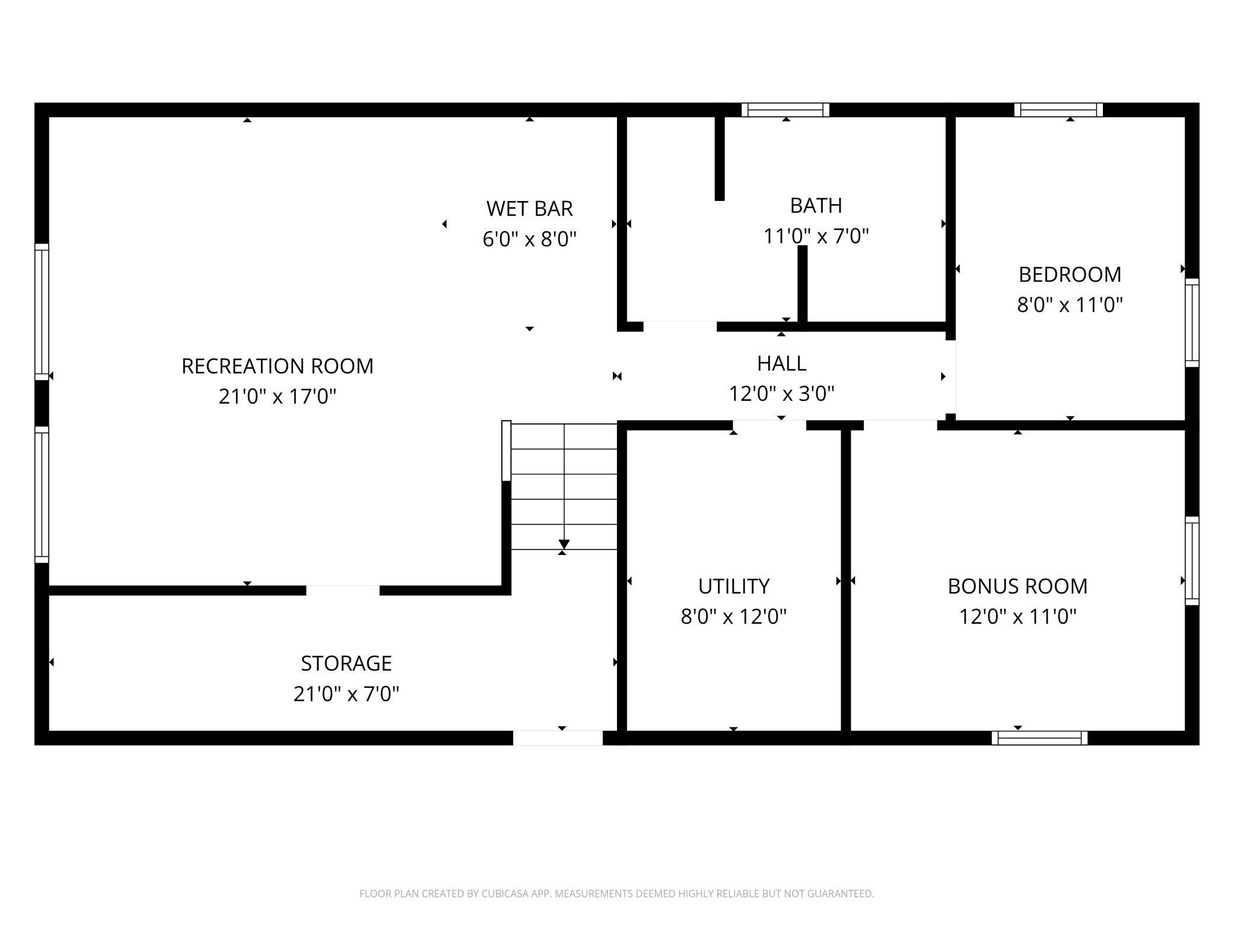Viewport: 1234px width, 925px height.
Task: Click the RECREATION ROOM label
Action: (x=277, y=366)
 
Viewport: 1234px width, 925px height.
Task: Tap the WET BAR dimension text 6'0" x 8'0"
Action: (x=529, y=239)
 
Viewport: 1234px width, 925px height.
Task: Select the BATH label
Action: (x=816, y=205)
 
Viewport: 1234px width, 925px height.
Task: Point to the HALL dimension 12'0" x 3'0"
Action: (x=781, y=393)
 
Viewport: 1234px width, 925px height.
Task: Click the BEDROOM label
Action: (x=1070, y=275)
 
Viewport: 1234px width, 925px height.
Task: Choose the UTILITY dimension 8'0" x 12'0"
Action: (x=733, y=617)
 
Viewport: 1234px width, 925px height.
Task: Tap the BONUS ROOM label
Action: (x=1017, y=586)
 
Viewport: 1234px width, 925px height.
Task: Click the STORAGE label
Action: (x=346, y=663)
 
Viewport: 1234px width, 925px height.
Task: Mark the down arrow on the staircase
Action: (x=564, y=544)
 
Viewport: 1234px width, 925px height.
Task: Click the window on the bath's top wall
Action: (x=785, y=110)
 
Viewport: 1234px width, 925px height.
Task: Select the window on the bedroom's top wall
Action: (x=1058, y=110)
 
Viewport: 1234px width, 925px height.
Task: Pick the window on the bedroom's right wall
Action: (x=1192, y=323)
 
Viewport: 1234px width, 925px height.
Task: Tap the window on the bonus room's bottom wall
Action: (x=1039, y=738)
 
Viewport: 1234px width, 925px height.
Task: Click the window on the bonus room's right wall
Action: (x=1192, y=561)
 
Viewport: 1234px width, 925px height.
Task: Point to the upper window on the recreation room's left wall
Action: (x=42, y=312)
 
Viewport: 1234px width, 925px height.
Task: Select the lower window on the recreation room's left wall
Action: (x=42, y=495)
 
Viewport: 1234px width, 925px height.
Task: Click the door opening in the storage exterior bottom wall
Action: (x=558, y=738)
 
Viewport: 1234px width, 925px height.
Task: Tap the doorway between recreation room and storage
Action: (x=342, y=590)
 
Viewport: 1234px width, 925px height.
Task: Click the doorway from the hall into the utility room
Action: (x=769, y=425)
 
